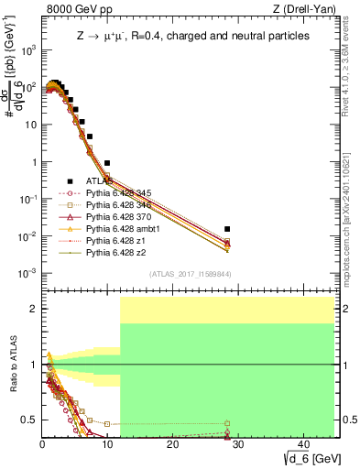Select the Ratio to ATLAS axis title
12,364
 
